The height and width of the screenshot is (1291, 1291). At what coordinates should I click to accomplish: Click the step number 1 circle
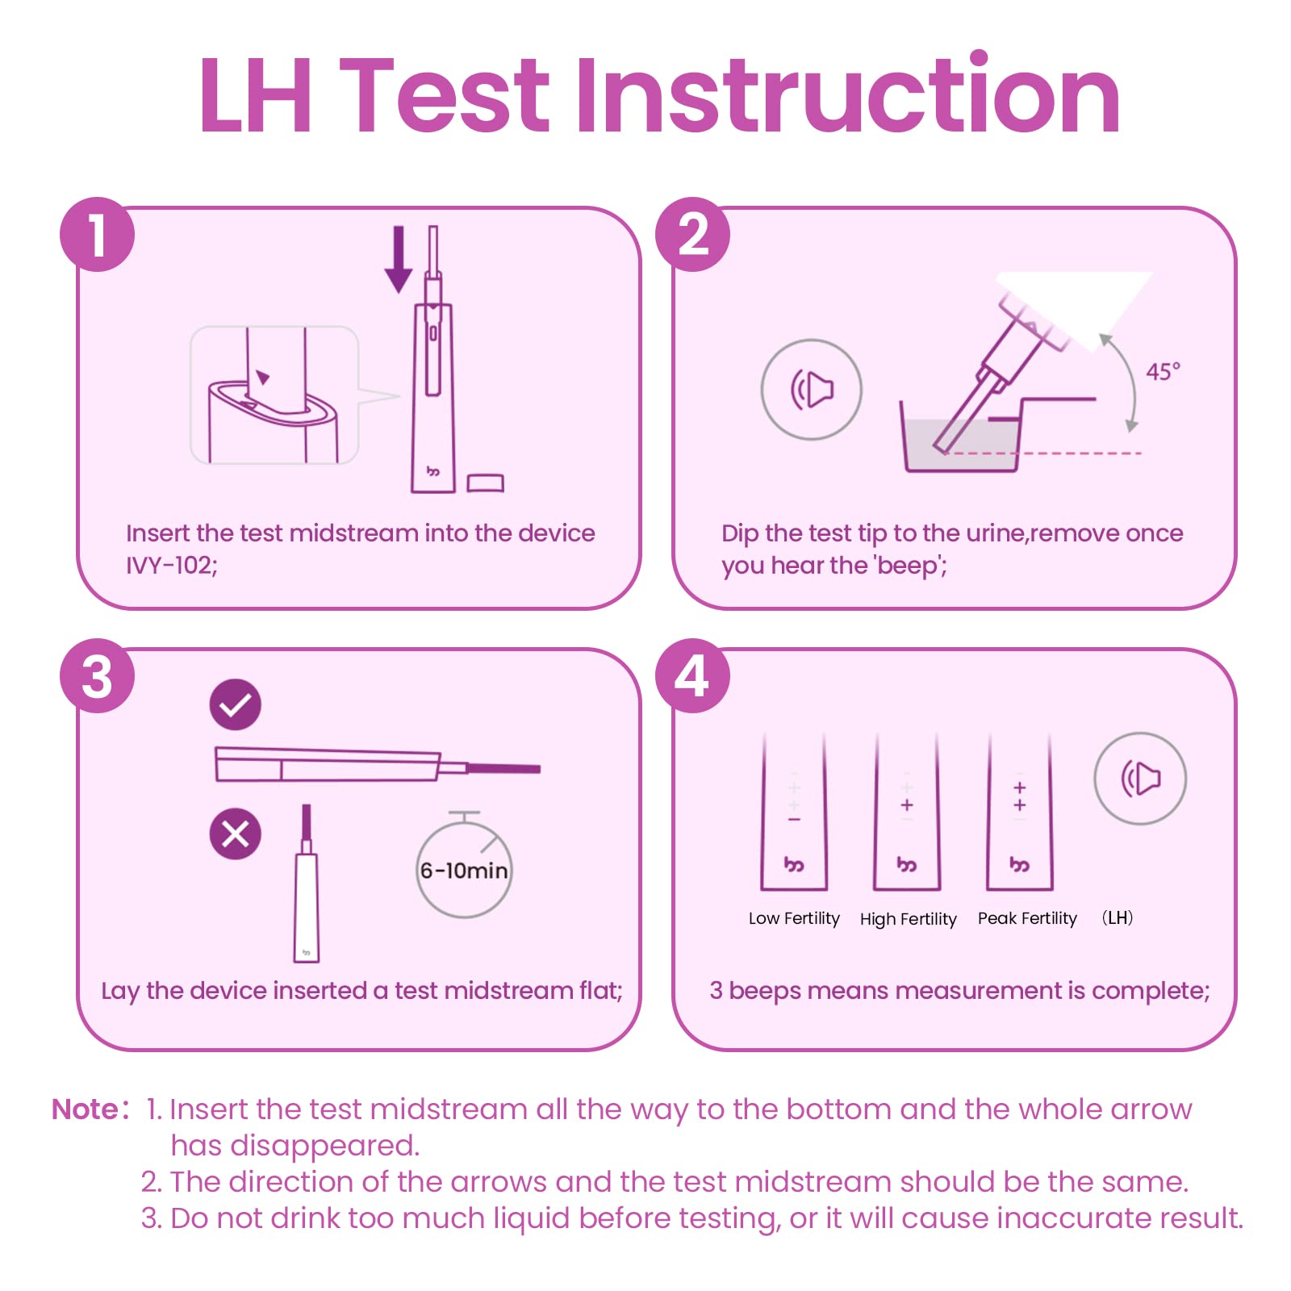click(97, 235)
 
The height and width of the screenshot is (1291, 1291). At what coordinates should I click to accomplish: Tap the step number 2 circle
click(692, 235)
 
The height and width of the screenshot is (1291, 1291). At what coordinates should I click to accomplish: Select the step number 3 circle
click(97, 676)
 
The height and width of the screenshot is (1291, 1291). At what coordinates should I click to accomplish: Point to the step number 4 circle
click(692, 676)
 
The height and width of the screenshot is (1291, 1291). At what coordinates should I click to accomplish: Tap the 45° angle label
click(1163, 372)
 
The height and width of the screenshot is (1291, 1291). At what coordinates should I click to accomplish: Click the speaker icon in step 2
click(811, 390)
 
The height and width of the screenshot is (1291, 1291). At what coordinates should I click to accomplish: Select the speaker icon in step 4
click(1140, 779)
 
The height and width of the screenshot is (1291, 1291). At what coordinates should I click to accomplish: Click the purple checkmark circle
click(235, 704)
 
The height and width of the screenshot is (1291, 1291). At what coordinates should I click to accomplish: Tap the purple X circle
click(235, 834)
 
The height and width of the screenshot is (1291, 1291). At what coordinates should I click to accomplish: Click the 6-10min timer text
click(464, 871)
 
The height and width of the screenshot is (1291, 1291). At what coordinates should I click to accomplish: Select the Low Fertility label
click(794, 918)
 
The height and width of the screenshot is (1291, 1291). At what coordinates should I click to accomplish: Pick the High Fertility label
click(908, 919)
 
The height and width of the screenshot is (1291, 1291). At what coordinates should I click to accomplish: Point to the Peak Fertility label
click(1027, 918)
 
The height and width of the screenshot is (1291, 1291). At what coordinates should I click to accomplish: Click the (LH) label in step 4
click(1118, 917)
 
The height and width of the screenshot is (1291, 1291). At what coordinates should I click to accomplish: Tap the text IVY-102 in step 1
click(169, 565)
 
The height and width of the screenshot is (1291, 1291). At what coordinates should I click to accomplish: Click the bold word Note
click(86, 1109)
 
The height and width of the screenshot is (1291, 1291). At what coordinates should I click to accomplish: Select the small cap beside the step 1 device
click(485, 483)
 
